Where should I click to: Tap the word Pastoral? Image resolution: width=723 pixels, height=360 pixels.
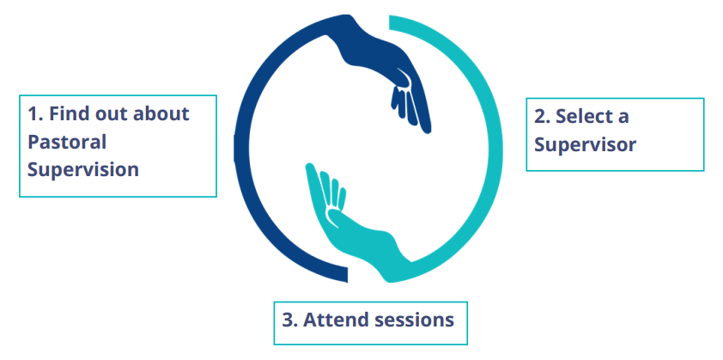[x=67, y=142]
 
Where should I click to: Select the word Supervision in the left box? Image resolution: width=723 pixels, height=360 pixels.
[x=83, y=170]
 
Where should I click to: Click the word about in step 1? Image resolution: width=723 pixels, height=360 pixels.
[x=161, y=113]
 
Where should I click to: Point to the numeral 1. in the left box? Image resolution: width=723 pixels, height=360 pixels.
[x=35, y=114]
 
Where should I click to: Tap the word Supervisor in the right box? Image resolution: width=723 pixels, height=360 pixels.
[x=585, y=145]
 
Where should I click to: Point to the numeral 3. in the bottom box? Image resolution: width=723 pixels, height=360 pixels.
[x=289, y=320]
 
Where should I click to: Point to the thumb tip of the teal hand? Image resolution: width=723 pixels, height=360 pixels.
[x=309, y=167]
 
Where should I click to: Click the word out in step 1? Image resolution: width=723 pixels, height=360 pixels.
[x=111, y=114]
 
